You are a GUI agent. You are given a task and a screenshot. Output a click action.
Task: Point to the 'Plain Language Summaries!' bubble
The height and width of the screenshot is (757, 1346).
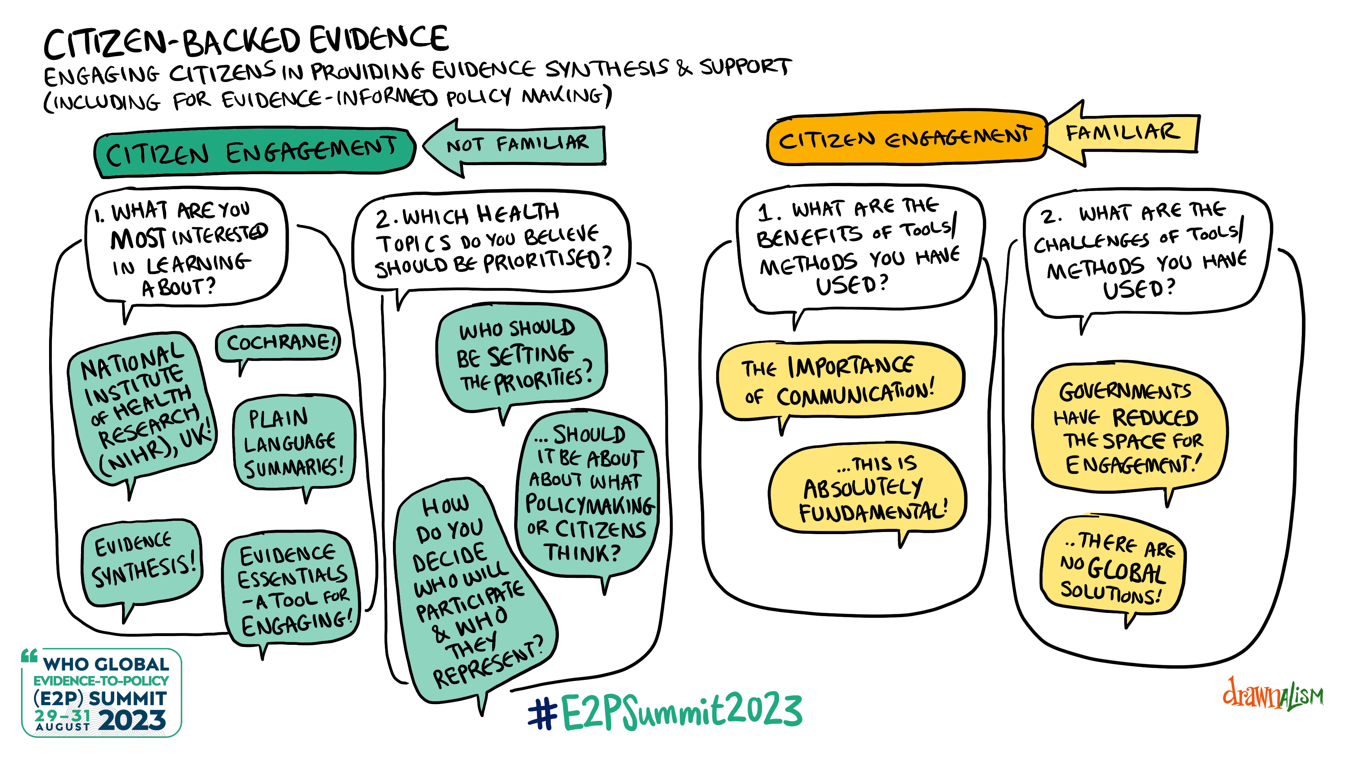[294, 443]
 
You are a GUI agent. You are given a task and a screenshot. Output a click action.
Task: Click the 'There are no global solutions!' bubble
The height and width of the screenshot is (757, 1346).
[1113, 567]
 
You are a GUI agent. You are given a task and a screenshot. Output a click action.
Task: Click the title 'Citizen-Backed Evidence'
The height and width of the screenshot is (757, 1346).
[246, 42]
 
